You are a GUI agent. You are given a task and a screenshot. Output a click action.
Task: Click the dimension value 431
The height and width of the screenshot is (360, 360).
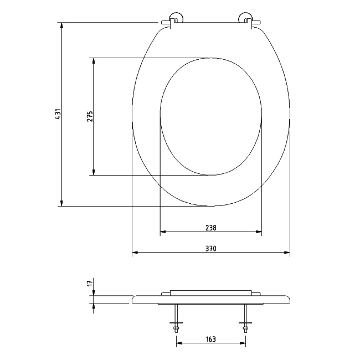click(57, 115)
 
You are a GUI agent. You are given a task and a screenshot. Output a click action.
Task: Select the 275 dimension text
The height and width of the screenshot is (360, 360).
click(90, 116)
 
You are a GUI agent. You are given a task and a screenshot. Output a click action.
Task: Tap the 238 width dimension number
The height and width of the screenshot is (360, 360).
click(210, 228)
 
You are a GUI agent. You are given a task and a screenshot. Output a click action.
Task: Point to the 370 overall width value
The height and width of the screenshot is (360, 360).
click(210, 249)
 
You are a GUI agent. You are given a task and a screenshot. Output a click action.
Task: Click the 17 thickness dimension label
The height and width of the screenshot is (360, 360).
click(90, 283)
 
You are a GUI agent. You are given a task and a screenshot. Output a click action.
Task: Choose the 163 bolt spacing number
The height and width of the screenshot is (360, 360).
click(210, 339)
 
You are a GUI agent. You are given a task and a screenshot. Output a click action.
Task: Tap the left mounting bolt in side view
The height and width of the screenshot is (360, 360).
click(176, 319)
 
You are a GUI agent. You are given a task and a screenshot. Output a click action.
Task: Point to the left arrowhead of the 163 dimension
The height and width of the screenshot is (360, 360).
click(179, 344)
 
